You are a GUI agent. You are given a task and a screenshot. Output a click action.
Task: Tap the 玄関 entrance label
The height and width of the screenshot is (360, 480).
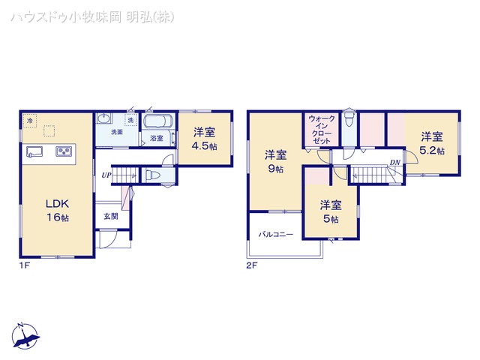pos(110,216)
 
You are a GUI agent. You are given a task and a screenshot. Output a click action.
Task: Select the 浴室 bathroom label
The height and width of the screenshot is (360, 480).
pos(157,138)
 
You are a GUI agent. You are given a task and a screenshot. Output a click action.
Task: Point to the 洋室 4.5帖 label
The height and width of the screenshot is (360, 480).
pos(202,140)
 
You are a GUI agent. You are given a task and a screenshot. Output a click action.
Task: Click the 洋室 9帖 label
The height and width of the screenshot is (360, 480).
pos(275,162)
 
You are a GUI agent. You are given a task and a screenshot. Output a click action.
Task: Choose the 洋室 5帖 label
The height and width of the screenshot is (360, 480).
pos(330,211)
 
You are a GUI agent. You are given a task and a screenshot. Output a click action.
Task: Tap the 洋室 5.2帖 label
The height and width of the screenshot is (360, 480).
pos(431,143)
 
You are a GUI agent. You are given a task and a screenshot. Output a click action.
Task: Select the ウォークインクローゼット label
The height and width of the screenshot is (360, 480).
pos(322,129)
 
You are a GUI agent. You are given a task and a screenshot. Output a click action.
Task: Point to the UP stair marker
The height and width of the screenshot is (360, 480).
pos(106,175)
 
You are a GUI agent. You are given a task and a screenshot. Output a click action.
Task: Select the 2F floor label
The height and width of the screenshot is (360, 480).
pos(252,265)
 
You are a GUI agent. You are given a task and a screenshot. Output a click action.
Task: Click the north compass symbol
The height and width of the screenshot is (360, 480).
pos(27,336)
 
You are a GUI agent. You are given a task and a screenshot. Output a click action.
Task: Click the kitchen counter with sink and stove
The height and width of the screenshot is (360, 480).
pos(49,151)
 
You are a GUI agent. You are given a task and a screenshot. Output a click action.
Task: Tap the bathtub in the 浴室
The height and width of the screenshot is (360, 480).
pos(158,122)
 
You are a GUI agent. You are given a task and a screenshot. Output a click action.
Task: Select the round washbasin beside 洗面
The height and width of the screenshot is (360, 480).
pos(103,118)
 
